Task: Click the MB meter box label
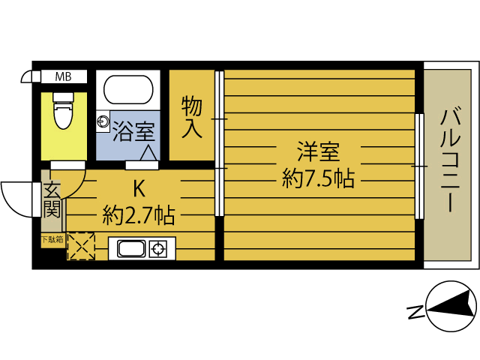[64, 76]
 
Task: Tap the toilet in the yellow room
[63, 113]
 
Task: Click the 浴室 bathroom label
[133, 131]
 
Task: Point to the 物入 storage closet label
[192, 116]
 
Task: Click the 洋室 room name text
[318, 152]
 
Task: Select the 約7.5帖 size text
[318, 178]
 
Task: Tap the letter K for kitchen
[139, 187]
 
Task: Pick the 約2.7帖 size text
[139, 216]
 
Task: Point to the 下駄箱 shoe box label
[52, 240]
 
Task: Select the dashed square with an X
[80, 246]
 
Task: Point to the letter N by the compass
[413, 310]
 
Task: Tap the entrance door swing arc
[15, 196]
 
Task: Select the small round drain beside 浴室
[101, 119]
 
